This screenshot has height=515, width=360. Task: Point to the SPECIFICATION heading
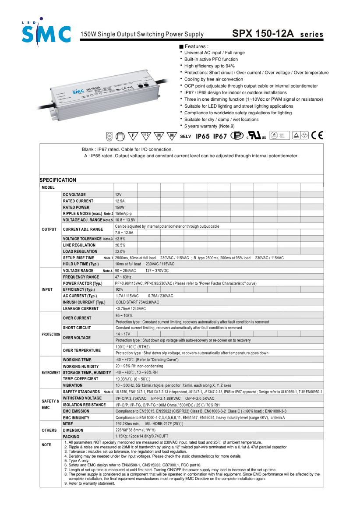click(58, 180)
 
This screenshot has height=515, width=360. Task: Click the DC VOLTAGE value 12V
click(118, 194)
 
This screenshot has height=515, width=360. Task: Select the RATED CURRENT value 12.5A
click(120, 201)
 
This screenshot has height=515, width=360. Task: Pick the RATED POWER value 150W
click(120, 207)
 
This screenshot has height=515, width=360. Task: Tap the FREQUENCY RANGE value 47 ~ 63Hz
click(124, 277)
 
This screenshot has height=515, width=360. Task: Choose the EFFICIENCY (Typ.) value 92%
click(119, 290)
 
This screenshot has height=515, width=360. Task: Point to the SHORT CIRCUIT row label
click(77, 328)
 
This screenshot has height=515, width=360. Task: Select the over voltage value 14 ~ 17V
click(123, 334)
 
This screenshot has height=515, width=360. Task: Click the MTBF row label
click(68, 424)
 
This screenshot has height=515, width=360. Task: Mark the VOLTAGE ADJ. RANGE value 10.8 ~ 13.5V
click(125, 220)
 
